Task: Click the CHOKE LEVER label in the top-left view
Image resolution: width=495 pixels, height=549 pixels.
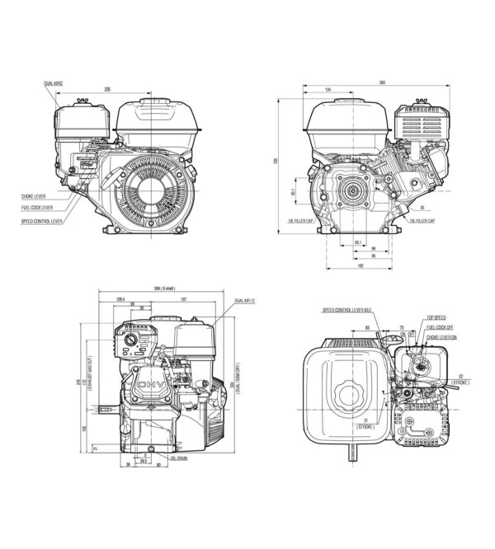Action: pyautogui.click(x=35, y=196)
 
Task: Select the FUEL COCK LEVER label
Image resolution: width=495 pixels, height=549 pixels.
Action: pyautogui.click(x=37, y=208)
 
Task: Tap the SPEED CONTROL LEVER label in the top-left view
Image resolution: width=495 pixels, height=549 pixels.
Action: pyautogui.click(x=42, y=222)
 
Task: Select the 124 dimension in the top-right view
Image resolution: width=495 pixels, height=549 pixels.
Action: pyautogui.click(x=328, y=89)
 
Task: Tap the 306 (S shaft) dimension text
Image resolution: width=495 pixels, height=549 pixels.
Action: pyautogui.click(x=159, y=290)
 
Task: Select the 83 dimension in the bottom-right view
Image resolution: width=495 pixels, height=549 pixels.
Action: pyautogui.click(x=365, y=328)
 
